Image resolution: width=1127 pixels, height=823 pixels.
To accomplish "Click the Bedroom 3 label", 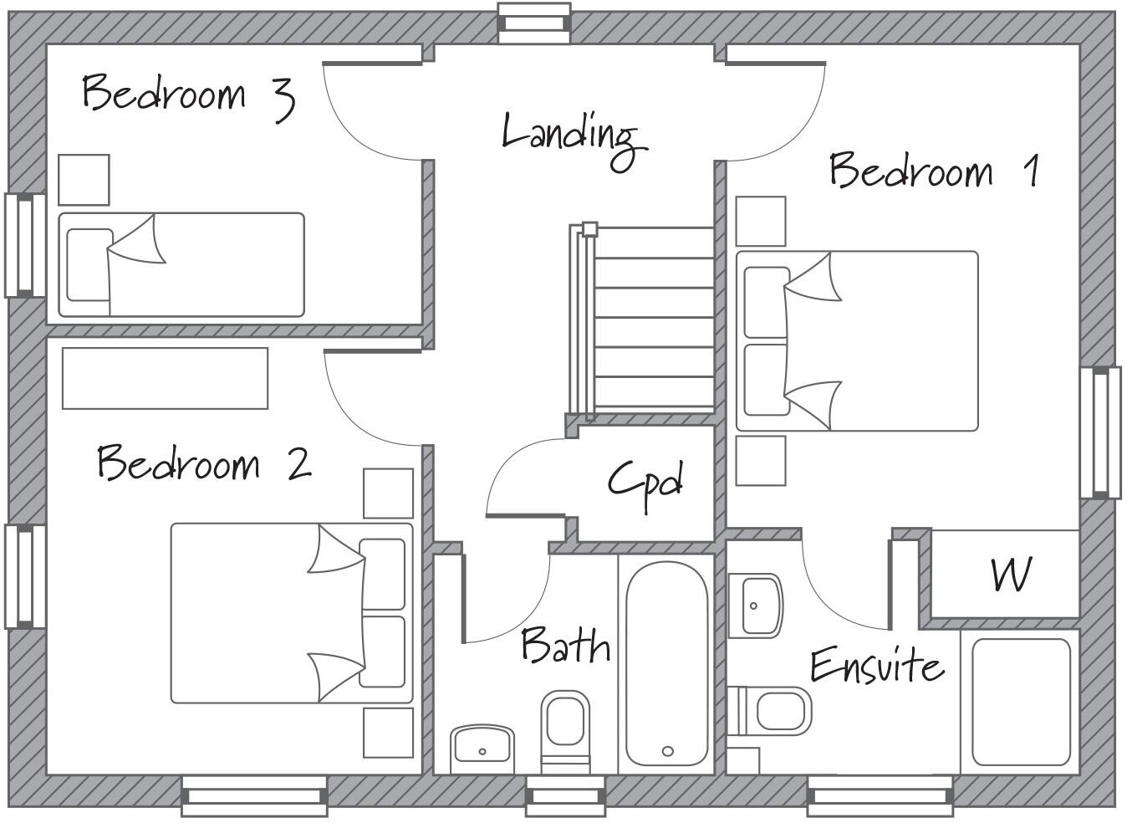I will point(188,95).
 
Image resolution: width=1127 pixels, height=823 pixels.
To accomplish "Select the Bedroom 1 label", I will point(934,171).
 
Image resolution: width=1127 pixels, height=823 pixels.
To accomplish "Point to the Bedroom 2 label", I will point(203,463).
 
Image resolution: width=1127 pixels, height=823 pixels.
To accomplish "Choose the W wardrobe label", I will point(1010,575).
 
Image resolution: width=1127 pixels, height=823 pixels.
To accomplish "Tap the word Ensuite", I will point(876,666).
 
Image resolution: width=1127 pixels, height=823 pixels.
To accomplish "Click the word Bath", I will point(565,646).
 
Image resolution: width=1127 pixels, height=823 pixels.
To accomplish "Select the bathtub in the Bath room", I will point(666,663).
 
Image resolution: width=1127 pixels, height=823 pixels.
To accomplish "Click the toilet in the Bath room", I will point(565,726).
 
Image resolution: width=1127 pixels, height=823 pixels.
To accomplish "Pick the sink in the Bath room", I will point(482,748).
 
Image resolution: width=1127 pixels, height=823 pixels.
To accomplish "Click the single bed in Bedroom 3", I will point(181,264).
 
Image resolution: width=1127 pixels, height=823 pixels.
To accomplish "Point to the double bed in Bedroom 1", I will point(856,341).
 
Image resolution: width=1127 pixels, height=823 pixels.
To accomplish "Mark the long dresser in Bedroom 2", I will point(165,378).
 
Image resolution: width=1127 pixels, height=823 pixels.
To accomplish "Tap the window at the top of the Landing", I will point(534,22).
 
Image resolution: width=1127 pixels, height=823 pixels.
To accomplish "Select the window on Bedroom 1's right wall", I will point(1100,432).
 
